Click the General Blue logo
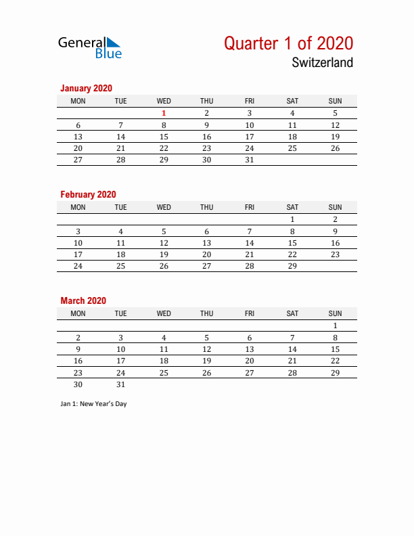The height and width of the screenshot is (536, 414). (x=89, y=47)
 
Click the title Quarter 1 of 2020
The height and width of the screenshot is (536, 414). (x=288, y=43)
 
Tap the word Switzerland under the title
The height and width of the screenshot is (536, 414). (x=323, y=63)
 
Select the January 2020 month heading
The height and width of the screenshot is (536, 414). (x=86, y=88)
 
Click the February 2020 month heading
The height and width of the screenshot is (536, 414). (x=88, y=194)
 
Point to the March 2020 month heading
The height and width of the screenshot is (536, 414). (x=83, y=300)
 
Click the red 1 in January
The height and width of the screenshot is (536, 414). (x=164, y=113)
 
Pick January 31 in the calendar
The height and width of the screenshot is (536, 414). (x=250, y=160)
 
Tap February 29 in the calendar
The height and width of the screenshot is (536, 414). (x=292, y=266)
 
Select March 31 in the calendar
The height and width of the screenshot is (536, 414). (x=121, y=384)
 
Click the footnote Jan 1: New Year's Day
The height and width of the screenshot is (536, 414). (x=93, y=404)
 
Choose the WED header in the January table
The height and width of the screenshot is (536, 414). (x=164, y=101)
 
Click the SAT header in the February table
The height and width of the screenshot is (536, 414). (x=292, y=207)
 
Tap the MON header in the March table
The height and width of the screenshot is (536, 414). (x=78, y=313)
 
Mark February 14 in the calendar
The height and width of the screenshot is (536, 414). (x=250, y=243)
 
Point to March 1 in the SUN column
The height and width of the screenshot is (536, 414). (x=335, y=326)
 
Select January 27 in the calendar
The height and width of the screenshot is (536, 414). (x=78, y=160)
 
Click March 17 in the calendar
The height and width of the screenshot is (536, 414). (x=121, y=361)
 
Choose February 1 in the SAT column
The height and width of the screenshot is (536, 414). (x=292, y=219)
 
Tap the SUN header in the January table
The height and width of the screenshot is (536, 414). (x=335, y=101)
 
